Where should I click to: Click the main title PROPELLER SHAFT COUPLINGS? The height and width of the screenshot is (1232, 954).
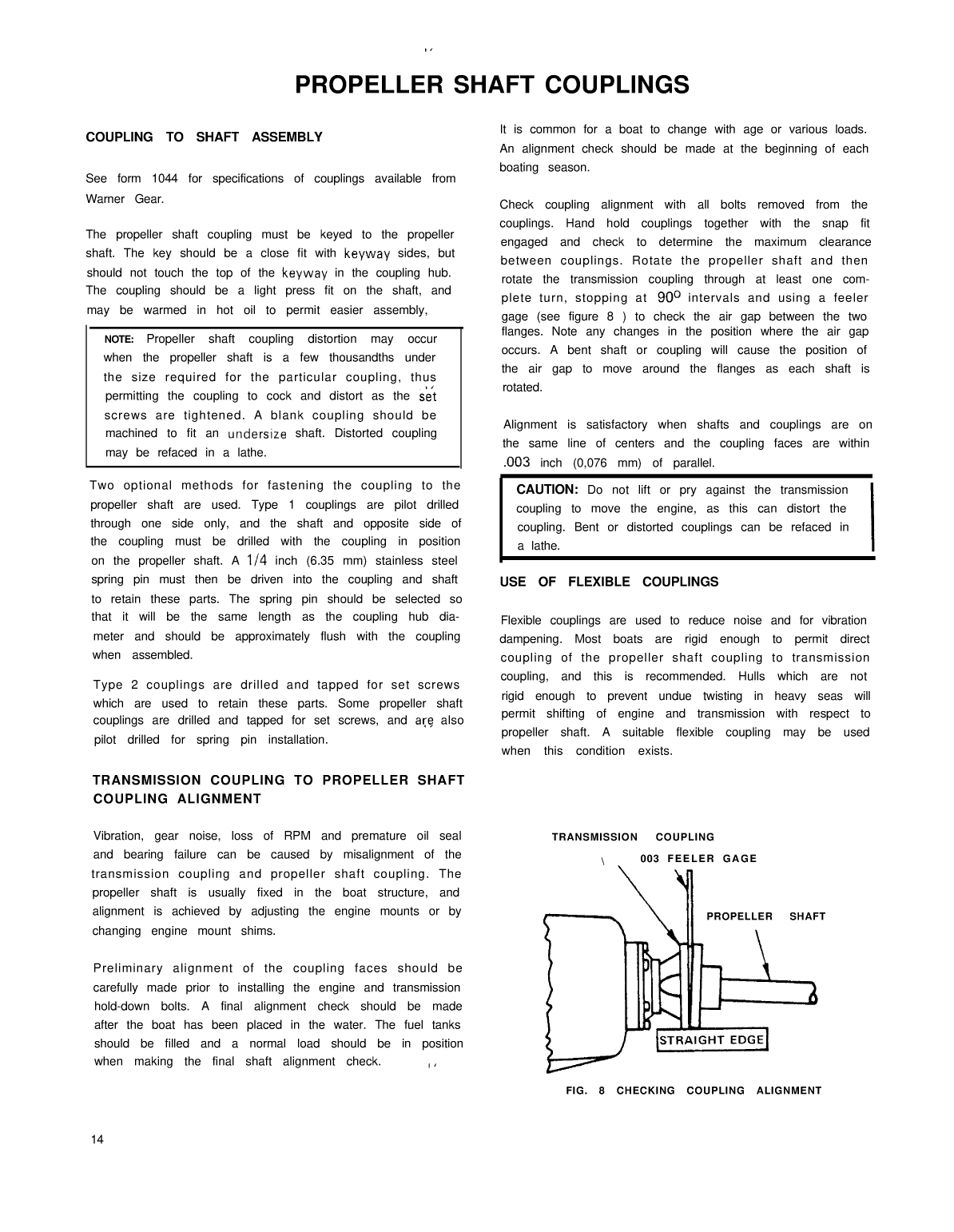492,85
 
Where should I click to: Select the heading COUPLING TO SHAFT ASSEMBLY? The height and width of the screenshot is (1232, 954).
204,137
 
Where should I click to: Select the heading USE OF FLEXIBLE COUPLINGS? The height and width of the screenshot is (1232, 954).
609,582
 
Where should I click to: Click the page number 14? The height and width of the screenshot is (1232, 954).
97,1139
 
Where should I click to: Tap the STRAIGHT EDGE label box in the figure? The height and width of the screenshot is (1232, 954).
711,1039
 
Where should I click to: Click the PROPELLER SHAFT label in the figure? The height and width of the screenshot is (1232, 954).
765,916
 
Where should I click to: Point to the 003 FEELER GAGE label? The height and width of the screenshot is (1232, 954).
698,859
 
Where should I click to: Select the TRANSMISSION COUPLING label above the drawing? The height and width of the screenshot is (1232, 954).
633,837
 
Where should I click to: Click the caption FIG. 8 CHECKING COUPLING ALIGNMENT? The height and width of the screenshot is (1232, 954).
694,1091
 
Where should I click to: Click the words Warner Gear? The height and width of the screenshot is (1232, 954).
125,198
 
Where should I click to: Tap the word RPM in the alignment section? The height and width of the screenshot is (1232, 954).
297,836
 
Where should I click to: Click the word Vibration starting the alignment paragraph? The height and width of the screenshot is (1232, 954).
118,836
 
